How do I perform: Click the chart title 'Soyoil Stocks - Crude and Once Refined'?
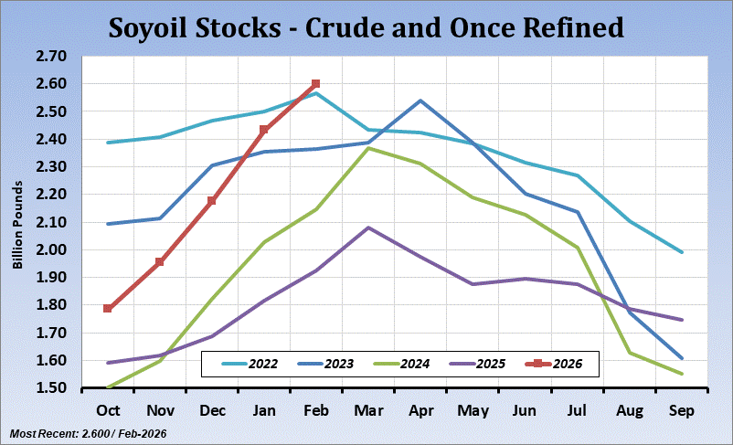click(366, 27)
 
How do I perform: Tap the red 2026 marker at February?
click(316, 84)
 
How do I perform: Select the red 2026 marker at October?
click(108, 308)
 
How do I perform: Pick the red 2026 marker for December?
click(212, 200)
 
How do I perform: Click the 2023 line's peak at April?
click(420, 101)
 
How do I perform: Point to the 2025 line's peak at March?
click(368, 228)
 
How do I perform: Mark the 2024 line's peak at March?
click(368, 148)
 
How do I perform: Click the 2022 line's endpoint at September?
click(681, 252)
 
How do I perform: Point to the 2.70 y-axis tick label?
click(52, 57)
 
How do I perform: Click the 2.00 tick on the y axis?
click(52, 250)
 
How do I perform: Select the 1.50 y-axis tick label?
click(52, 388)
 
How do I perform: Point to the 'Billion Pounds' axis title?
click(16, 222)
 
